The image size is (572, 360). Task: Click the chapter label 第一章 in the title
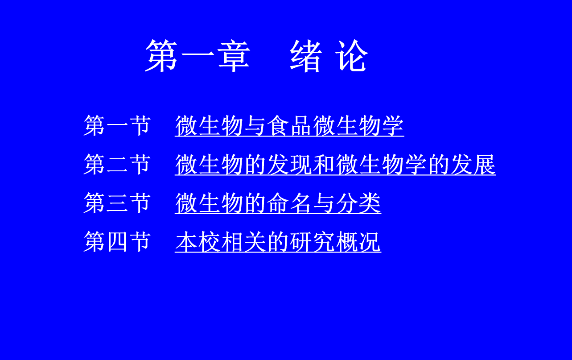tap(198, 56)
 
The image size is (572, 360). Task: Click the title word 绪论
tap(329, 56)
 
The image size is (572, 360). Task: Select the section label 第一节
tap(117, 125)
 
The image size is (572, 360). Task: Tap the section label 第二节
tap(117, 164)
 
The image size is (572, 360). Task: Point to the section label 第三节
tap(117, 203)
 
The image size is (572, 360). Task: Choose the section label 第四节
tap(117, 242)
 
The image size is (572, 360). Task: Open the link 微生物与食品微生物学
tap(289, 125)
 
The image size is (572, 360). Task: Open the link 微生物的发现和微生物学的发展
tap(335, 164)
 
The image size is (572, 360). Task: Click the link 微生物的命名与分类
tap(278, 203)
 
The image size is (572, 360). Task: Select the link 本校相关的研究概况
tap(278, 242)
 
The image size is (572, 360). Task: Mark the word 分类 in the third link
tap(358, 203)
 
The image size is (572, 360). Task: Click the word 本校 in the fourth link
tap(198, 242)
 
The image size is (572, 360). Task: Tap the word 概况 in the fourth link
tap(358, 242)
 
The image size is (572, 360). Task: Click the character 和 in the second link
tap(324, 164)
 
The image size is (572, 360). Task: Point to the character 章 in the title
tap(234, 56)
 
